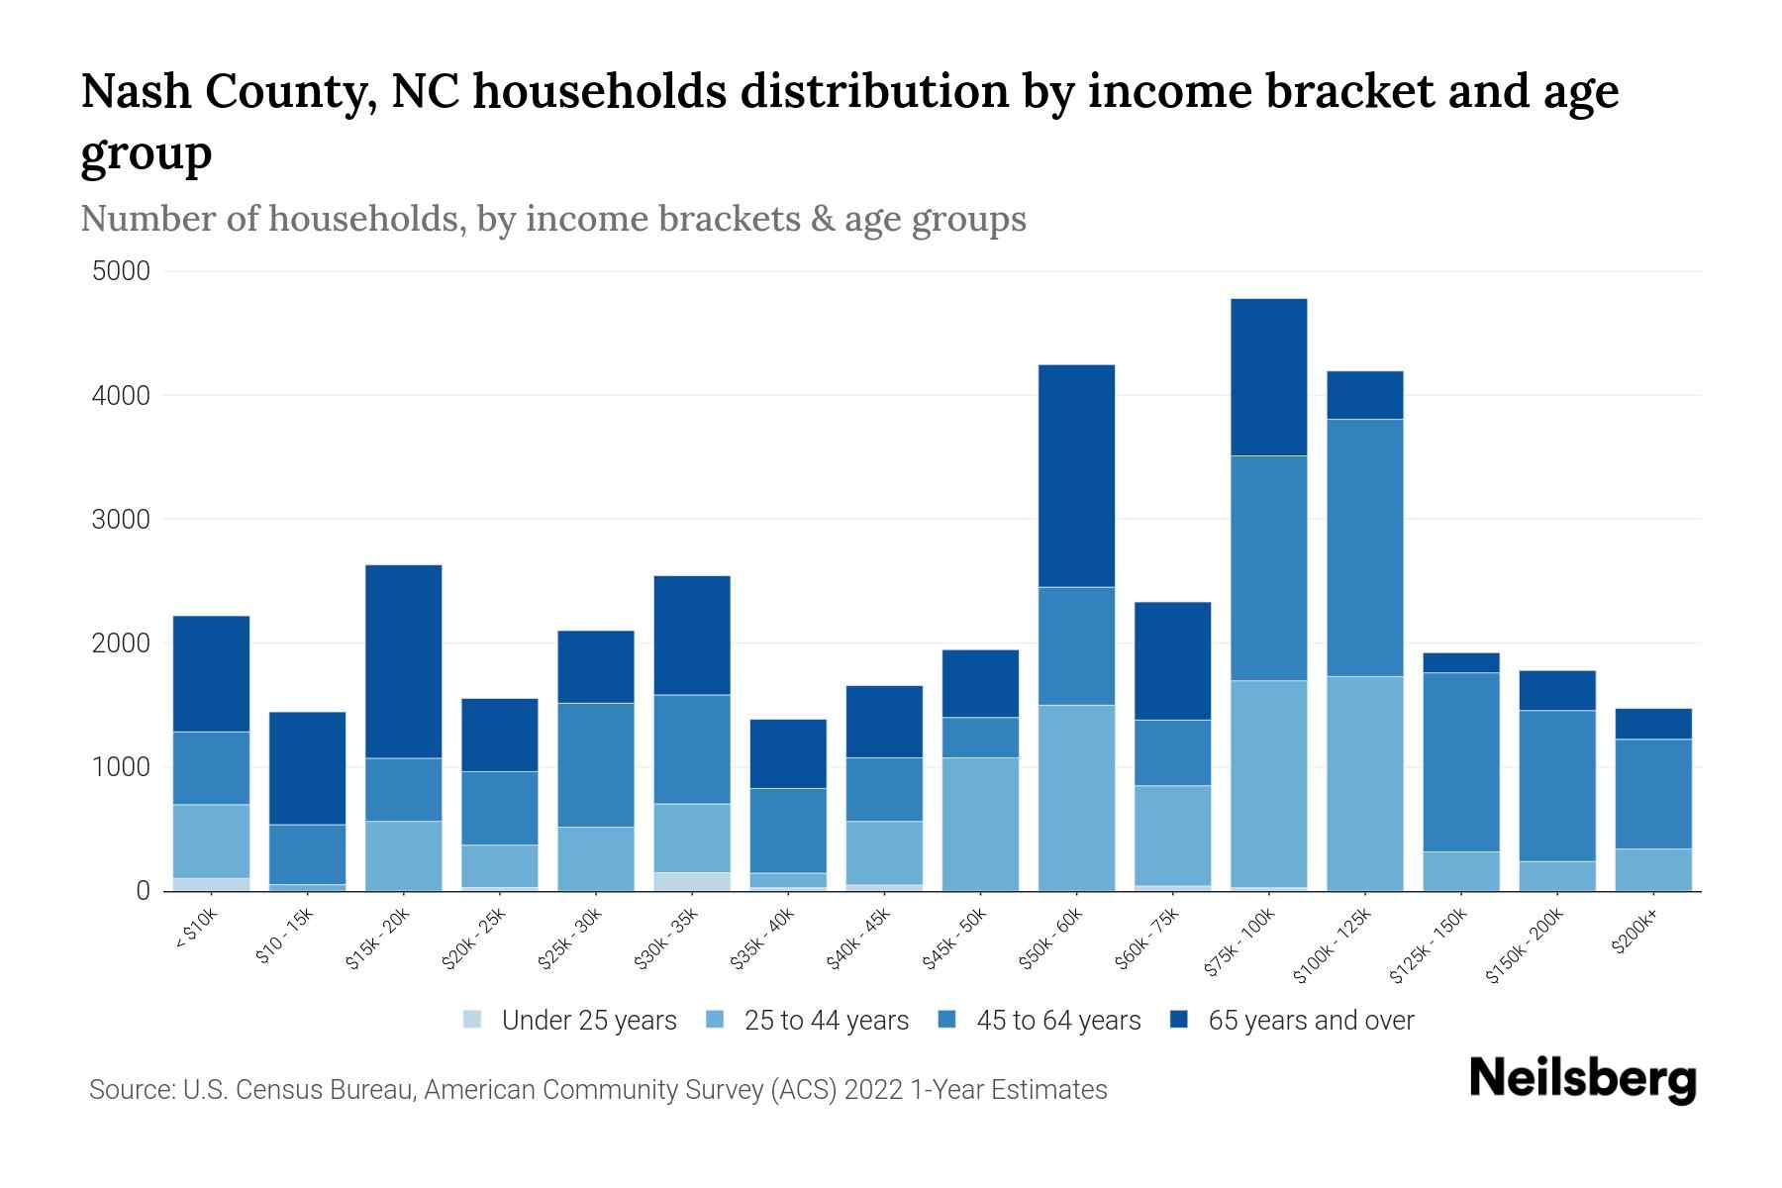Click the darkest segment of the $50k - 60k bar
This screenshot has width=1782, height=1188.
pos(1076,475)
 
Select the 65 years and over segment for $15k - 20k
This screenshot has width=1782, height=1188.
pos(404,661)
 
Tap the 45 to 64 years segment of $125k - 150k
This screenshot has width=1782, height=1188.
pos(1461,762)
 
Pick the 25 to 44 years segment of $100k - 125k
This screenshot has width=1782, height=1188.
pos(1365,783)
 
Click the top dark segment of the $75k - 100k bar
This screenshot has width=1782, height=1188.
pos(1268,377)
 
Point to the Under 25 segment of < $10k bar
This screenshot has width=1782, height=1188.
pos(211,884)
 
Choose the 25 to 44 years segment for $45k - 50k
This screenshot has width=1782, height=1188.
pos(980,824)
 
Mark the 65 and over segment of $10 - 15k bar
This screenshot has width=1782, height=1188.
pos(307,768)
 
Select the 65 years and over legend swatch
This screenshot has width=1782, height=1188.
pos(1179,1020)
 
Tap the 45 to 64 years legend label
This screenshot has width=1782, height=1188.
pos(1057,1021)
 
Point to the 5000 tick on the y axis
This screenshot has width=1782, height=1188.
pos(121,271)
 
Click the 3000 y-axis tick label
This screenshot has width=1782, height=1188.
pos(121,520)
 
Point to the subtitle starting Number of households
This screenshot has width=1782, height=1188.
pos(552,219)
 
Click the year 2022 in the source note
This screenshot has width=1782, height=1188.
pos(873,1090)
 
